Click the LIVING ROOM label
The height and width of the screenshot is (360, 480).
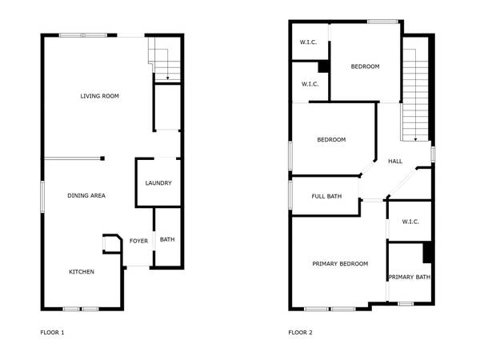click(99, 96)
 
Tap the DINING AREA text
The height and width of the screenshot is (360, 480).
click(86, 196)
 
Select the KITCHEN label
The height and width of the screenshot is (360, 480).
click(82, 272)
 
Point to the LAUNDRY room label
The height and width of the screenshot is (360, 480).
click(158, 183)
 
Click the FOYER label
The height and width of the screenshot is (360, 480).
click(138, 241)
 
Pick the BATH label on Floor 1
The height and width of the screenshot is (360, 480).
click(167, 239)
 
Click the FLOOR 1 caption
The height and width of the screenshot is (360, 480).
click(52, 333)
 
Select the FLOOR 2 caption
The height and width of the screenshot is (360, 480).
click(300, 333)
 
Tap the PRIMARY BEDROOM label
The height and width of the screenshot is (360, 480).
click(340, 264)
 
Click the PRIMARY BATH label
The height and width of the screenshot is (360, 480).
click(410, 278)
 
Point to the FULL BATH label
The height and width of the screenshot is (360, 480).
click(326, 196)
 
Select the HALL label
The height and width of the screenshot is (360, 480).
click(395, 162)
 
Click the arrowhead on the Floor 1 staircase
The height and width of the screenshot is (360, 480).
click(167, 78)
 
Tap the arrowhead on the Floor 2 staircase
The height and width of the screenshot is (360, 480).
click(415, 139)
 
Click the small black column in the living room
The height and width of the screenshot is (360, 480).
click(102, 158)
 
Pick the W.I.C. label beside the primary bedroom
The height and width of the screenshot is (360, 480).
click(410, 222)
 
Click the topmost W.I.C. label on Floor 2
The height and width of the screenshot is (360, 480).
click(308, 42)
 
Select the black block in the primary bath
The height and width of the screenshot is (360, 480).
click(427, 253)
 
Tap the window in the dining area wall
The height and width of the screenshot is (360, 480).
click(42, 197)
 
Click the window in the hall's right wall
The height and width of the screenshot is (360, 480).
click(433, 154)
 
